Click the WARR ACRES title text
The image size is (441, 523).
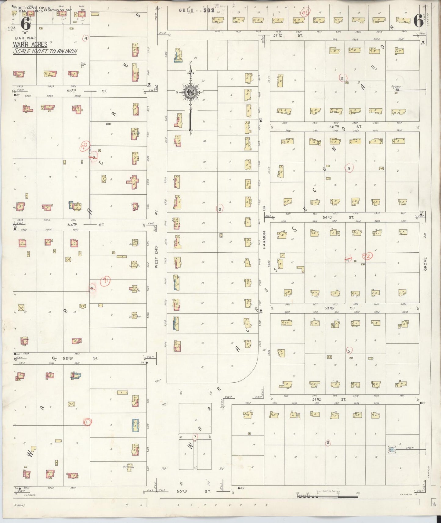pyautogui.click(x=30, y=45)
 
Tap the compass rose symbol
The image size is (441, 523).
pyautogui.click(x=190, y=92)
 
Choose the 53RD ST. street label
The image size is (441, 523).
pyautogui.click(x=339, y=308)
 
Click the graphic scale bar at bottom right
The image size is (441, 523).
pyautogui.click(x=327, y=496)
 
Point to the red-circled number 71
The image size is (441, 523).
pyautogui.click(x=106, y=281)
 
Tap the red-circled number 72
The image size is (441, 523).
pyautogui.click(x=367, y=256)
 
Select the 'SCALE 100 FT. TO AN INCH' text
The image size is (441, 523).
pyautogui.click(x=45, y=51)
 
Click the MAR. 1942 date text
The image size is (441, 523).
pyautogui.click(x=25, y=38)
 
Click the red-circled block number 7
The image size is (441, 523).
pyautogui.click(x=195, y=437)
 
